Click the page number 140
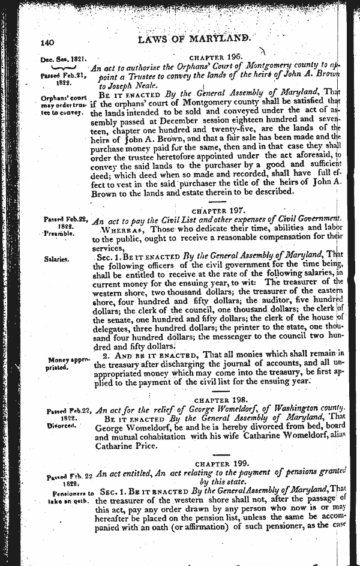tap(48, 43)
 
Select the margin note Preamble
tap(59, 233)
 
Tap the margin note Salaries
tap(56, 259)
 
